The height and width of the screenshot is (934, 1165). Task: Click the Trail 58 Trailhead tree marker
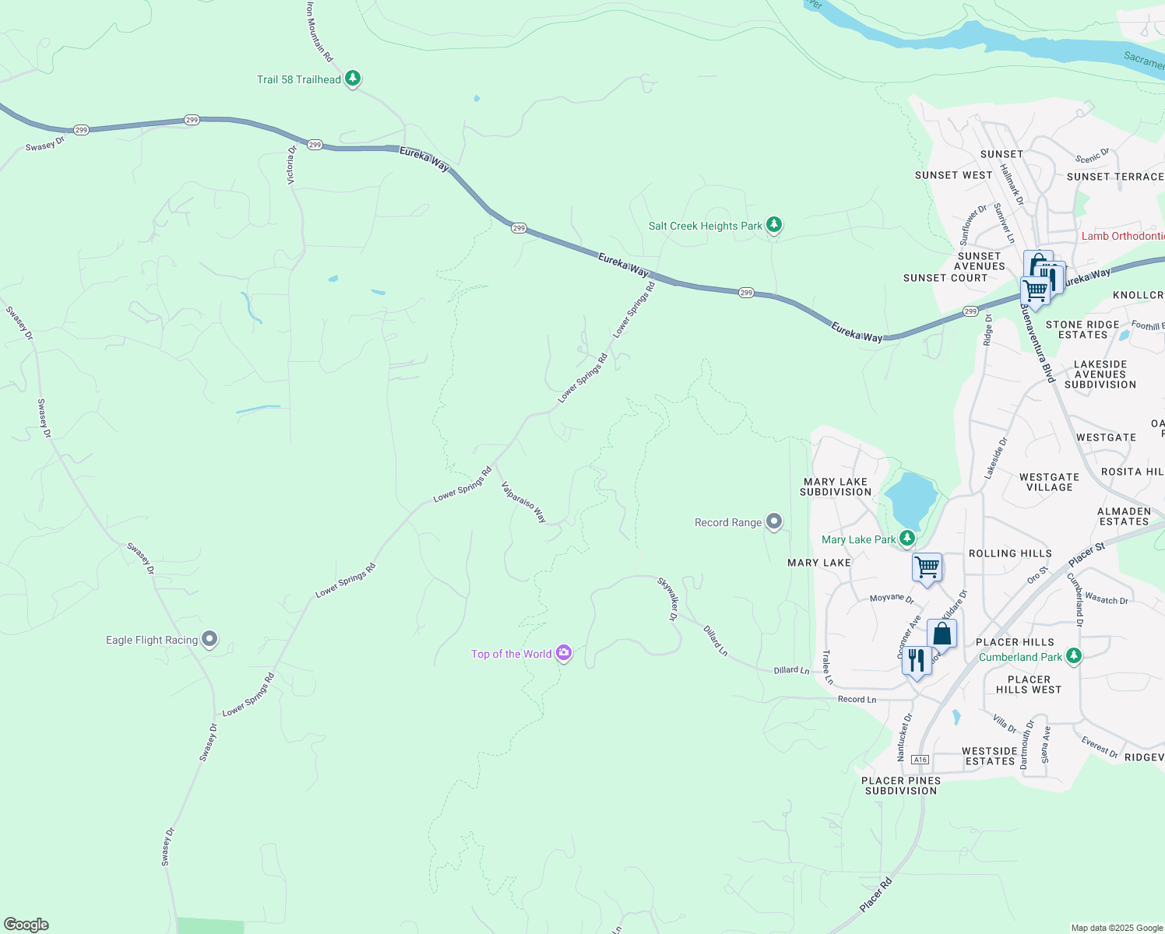(x=353, y=78)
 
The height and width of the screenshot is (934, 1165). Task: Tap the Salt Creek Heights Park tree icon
(x=773, y=225)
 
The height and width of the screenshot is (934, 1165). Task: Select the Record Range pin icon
(x=773, y=521)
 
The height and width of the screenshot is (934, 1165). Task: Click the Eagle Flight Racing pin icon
(x=209, y=639)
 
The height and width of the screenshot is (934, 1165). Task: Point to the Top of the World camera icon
(x=564, y=653)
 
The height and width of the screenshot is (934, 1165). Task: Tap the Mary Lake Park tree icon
(x=906, y=539)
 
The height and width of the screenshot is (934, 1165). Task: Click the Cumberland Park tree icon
(x=1074, y=656)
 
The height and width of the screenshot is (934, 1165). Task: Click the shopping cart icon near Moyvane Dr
(x=927, y=567)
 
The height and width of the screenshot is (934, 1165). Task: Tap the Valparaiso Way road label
(x=523, y=503)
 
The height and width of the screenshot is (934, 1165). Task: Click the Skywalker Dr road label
(x=668, y=598)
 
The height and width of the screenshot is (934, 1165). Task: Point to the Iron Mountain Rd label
(x=319, y=31)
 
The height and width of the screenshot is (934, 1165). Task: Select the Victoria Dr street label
(x=291, y=164)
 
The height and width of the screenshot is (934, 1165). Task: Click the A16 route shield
(x=920, y=760)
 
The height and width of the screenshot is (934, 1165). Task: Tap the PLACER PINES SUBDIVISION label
(x=901, y=785)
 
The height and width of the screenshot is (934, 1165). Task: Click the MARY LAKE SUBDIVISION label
(x=836, y=486)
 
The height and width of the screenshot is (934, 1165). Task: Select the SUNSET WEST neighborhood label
(x=953, y=175)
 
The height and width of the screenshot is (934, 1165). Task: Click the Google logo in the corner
(x=26, y=925)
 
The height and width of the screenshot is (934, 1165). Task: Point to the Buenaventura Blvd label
(x=1037, y=343)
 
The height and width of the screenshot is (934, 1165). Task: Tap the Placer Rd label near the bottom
(x=875, y=896)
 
